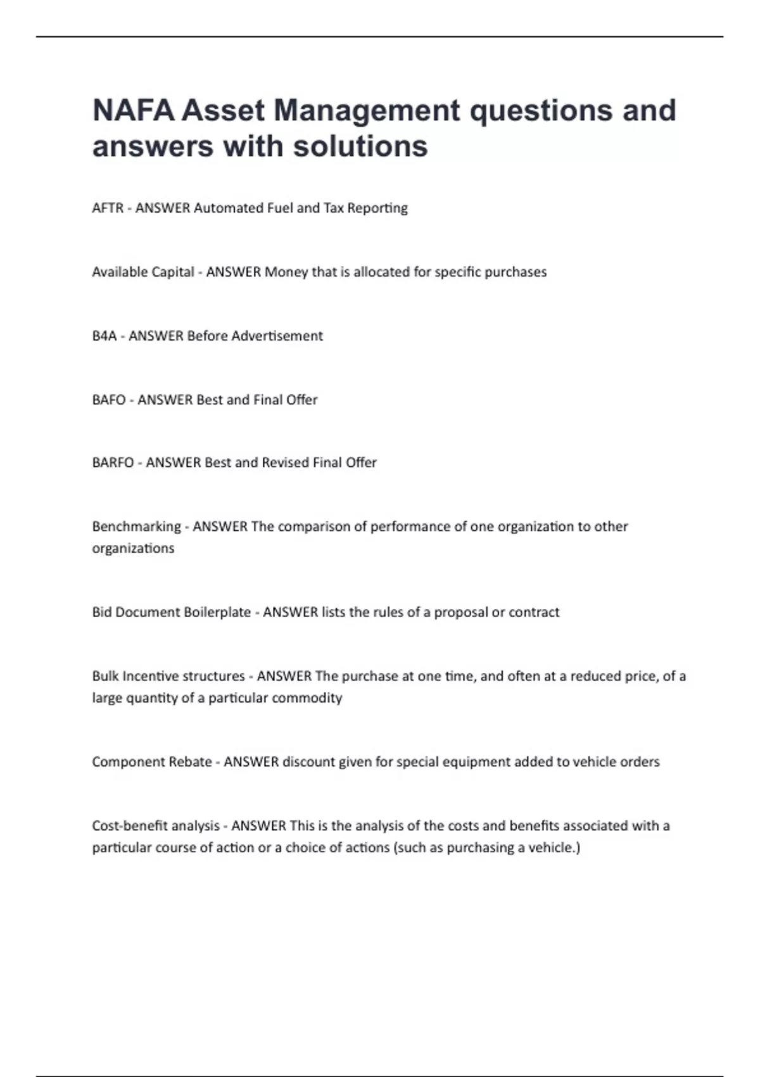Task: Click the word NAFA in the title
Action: tap(133, 110)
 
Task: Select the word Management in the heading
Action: tap(367, 110)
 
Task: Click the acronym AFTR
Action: tap(108, 208)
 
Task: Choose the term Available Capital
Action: tap(143, 272)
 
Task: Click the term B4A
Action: tap(104, 336)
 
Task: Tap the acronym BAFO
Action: tap(109, 400)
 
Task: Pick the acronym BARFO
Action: tap(113, 462)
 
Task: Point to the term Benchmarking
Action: tap(136, 526)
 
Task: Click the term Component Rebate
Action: tap(152, 762)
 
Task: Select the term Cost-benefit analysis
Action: tap(156, 825)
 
